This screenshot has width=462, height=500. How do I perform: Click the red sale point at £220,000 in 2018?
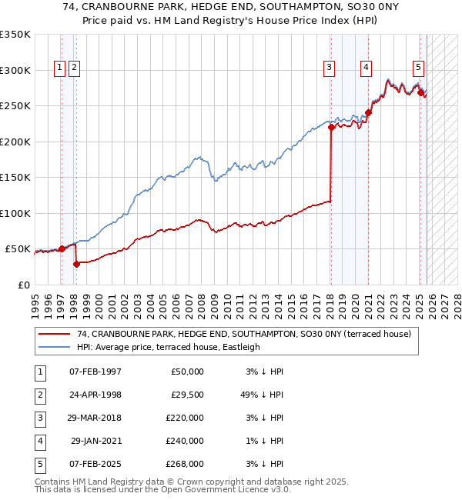(331, 128)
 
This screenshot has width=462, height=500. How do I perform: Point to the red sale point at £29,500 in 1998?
(76, 264)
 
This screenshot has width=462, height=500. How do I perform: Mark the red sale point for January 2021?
(368, 113)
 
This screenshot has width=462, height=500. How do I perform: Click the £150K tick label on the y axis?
(15, 177)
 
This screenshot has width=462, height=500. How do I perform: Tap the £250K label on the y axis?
(15, 105)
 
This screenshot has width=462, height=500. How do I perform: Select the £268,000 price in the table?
(187, 464)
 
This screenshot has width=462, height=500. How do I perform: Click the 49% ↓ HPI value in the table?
(263, 395)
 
